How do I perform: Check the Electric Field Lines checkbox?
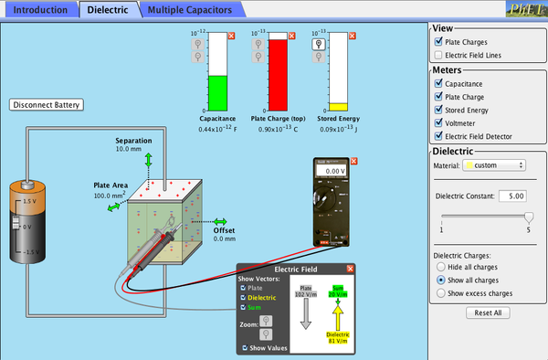[438, 56]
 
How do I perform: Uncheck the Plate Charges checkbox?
[438, 42]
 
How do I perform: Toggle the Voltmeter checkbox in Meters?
[438, 123]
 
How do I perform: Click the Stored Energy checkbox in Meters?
[438, 110]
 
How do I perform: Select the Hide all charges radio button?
[441, 266]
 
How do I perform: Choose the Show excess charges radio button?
[441, 293]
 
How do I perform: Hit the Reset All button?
[487, 312]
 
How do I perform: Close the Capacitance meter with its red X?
[230, 35]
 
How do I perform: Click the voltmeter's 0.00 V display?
[334, 171]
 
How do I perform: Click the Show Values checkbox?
[244, 348]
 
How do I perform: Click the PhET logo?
[530, 9]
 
